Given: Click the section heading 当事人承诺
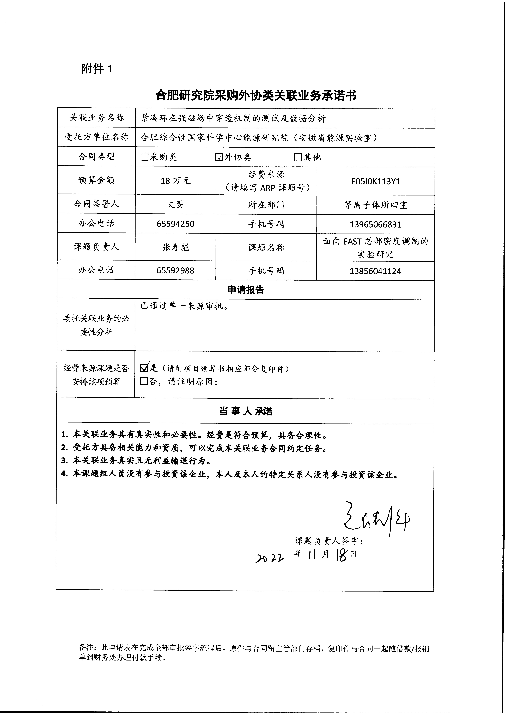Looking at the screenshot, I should pos(246,411).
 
